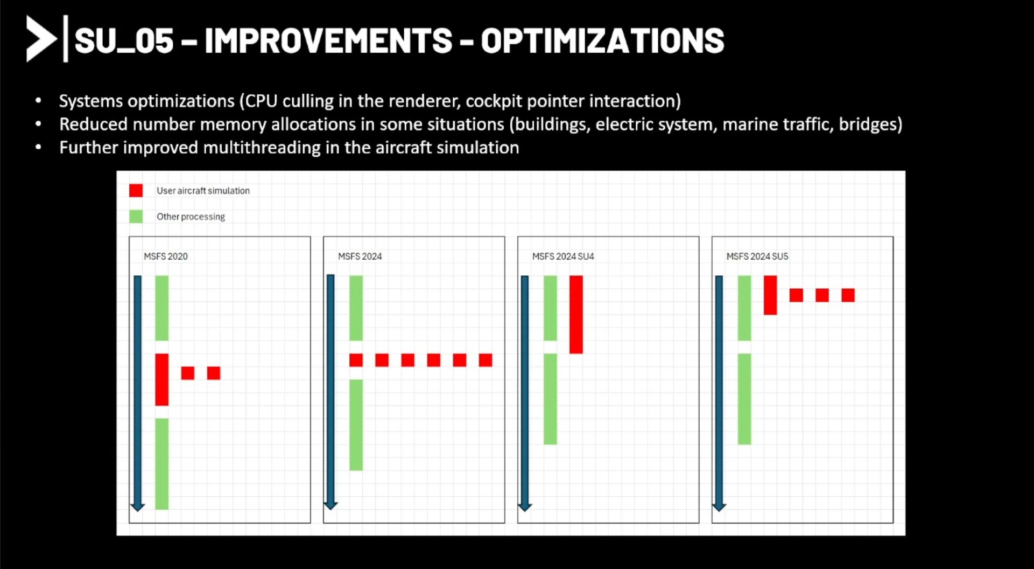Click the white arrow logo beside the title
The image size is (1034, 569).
coord(41,39)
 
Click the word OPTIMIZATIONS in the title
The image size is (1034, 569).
coord(602,40)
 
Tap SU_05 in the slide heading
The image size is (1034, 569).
coord(124,40)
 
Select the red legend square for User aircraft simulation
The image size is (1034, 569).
coord(136,191)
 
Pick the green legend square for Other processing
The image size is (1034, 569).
coord(136,217)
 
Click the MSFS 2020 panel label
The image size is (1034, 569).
coord(166,256)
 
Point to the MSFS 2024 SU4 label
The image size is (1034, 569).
coord(563,256)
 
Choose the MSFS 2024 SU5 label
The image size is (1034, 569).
coord(757,256)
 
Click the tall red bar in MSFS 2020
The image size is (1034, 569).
coord(162,379)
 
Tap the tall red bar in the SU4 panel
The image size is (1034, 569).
coord(576,315)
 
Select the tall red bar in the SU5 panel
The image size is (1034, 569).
coord(770,295)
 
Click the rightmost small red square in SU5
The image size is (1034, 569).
coord(848,295)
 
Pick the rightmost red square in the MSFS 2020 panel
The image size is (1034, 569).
coord(214,373)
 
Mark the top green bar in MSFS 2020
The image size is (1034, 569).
coord(162,308)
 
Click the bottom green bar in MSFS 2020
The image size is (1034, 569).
coord(162,464)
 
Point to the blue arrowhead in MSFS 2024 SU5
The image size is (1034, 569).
coord(719,507)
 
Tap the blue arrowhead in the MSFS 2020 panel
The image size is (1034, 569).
coord(138,507)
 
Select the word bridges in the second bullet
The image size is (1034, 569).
coord(867,124)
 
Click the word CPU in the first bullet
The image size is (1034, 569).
coord(262,101)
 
